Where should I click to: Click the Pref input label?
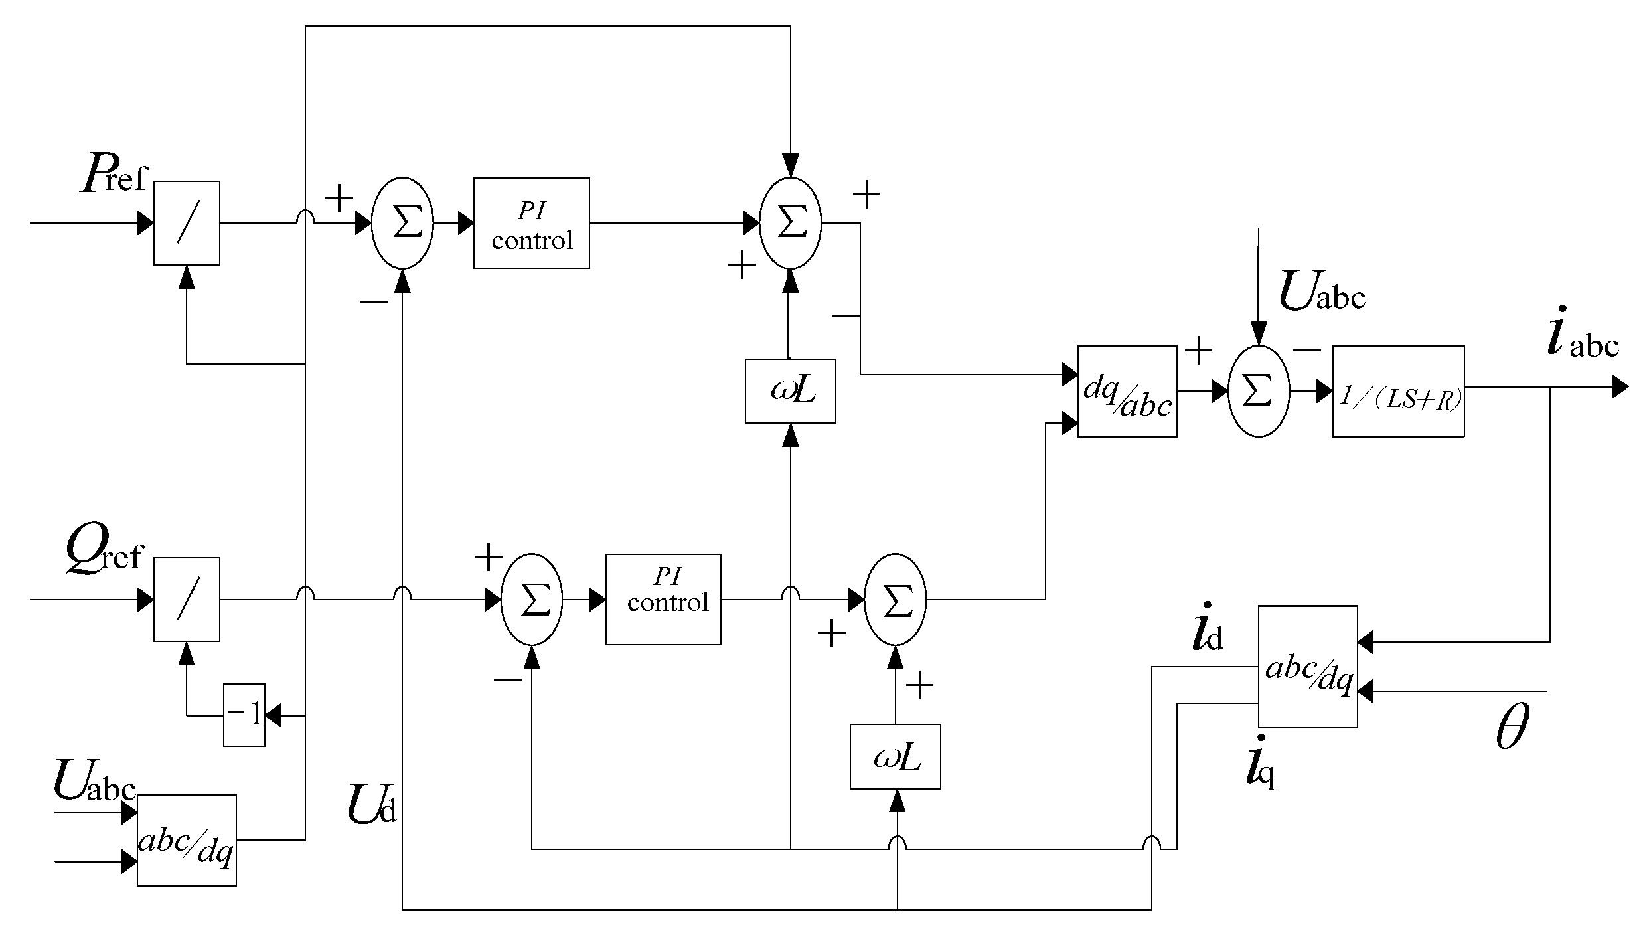coord(113,175)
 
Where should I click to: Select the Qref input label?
coord(104,553)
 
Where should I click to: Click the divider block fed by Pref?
coord(187,223)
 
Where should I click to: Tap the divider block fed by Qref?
coord(187,600)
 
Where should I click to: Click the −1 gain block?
coord(244,715)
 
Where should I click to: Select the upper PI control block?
coord(531,223)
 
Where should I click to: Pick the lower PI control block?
coord(663,600)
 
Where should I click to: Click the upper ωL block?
coord(790,391)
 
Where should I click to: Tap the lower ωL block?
coord(895,757)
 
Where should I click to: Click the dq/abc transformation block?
coord(1127,391)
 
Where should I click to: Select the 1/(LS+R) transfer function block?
coord(1398,391)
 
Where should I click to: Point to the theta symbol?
coord(1513,727)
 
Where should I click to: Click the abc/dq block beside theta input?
coord(1307,667)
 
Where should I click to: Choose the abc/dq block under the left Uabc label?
coord(187,840)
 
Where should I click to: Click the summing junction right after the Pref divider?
coord(402,223)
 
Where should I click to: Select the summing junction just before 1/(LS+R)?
coord(1258,391)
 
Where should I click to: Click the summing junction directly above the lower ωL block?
coord(895,600)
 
